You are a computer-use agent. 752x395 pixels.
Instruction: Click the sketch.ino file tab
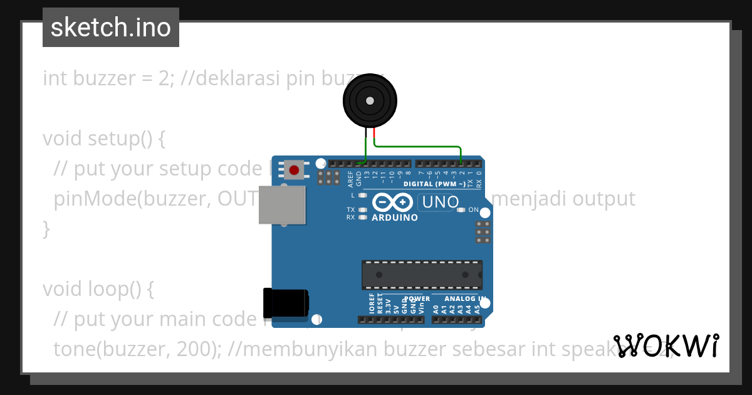[111, 28]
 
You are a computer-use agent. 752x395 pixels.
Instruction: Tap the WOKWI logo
[666, 345]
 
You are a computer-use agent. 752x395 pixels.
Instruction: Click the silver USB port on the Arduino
[282, 204]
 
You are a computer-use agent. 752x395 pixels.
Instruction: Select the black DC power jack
[286, 303]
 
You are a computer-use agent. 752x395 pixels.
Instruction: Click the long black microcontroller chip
[422, 275]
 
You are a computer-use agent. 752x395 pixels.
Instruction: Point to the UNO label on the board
[441, 203]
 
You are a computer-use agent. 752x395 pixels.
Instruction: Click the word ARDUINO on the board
[395, 218]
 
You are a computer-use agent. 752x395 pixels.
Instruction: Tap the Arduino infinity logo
[392, 203]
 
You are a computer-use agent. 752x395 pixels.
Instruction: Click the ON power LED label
[474, 210]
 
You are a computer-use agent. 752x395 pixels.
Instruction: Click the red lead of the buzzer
[374, 134]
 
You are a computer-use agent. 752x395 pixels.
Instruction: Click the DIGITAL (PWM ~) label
[434, 184]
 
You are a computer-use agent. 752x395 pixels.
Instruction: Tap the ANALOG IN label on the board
[461, 299]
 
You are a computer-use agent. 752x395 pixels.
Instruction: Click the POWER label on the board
[417, 299]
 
